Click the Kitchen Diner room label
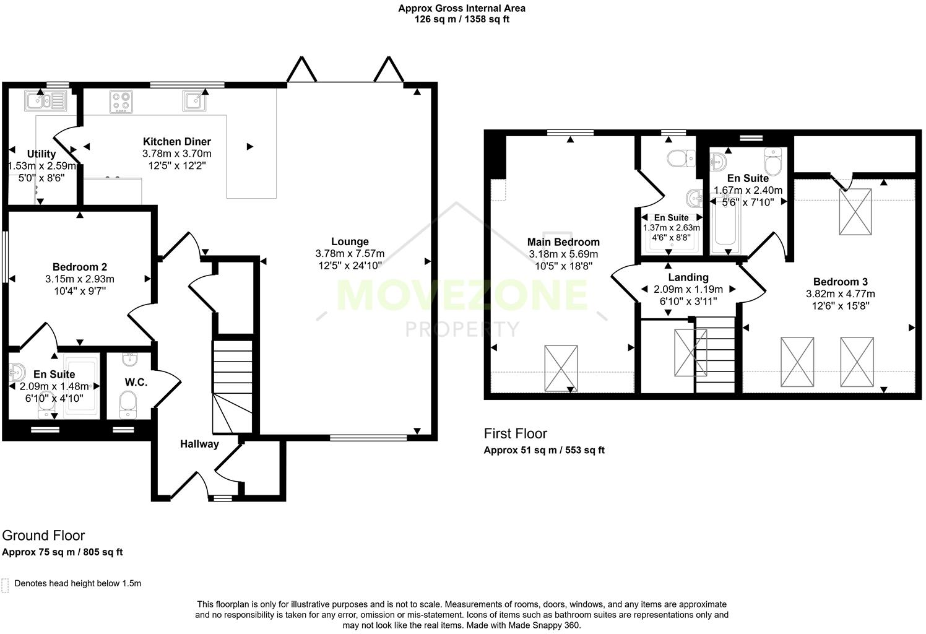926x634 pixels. pos(176,142)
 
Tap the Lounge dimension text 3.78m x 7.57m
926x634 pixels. pos(350,254)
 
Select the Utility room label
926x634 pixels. pos(41,154)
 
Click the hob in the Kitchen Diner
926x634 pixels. pos(121,102)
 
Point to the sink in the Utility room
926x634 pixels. pos(45,100)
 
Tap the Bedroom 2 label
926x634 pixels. pos(80,267)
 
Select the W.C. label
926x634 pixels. pos(136,382)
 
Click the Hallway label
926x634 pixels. pos(199,444)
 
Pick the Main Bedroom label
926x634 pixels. pos(563,242)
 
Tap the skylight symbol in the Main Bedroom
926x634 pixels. pos(561,368)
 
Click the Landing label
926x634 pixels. pos(688,277)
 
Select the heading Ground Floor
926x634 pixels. pos(43,536)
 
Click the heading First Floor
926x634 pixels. pos(516,433)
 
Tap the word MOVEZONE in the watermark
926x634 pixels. pos(462,295)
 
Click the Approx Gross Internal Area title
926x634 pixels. pos(462,9)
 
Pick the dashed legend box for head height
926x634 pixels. pos(5,585)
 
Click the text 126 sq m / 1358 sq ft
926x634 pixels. pos(462,19)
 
